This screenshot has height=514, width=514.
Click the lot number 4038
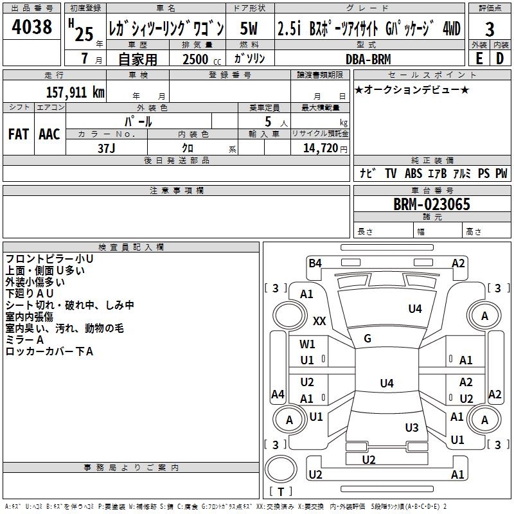32,28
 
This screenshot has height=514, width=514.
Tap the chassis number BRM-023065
431,205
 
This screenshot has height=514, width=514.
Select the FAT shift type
19,134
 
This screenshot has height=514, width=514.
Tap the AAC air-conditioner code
49,134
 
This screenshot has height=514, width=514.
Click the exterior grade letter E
479,58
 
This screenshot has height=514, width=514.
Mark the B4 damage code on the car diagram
315,263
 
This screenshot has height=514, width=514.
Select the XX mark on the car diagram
319,320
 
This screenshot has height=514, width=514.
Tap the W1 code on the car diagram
308,344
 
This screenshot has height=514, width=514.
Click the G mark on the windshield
368,339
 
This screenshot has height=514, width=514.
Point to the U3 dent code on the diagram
412,427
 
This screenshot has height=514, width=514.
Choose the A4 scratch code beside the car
278,394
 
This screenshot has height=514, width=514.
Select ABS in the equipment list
413,173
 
